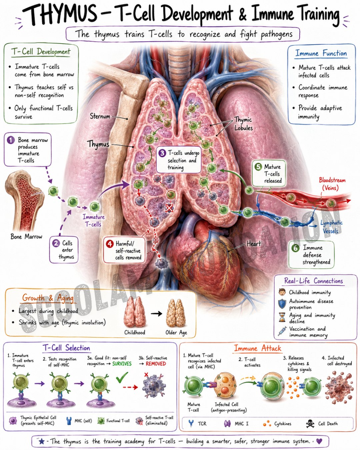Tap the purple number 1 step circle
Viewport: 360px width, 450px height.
(x=11, y=140)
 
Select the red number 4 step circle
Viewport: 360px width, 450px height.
(x=110, y=244)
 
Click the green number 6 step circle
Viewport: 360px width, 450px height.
(x=295, y=248)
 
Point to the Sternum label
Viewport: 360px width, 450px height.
(x=100, y=116)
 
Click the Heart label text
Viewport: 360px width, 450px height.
(x=254, y=244)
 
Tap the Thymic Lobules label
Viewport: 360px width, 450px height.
(x=243, y=124)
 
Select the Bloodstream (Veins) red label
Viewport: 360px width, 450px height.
(x=332, y=184)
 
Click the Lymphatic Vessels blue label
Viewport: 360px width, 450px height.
(x=331, y=227)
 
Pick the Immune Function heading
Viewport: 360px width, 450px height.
(x=321, y=53)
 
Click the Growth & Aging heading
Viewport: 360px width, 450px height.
(x=48, y=298)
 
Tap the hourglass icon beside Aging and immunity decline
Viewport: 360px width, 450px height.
(x=282, y=317)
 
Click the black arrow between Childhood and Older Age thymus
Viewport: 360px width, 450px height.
(x=156, y=313)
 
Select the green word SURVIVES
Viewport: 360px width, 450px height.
(x=122, y=364)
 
